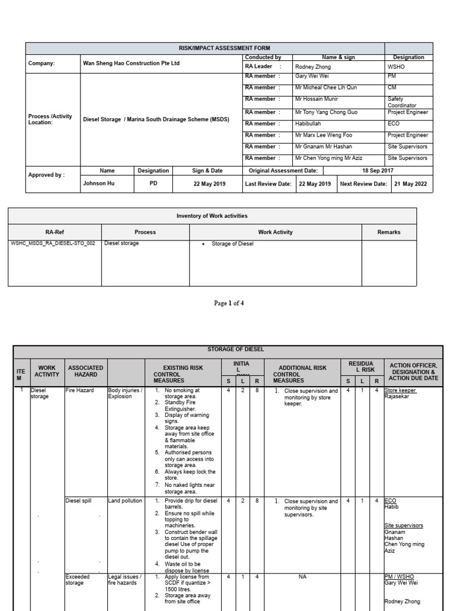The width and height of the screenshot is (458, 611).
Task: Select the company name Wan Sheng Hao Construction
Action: click(131, 63)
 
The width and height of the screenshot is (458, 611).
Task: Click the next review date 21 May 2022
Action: click(411, 184)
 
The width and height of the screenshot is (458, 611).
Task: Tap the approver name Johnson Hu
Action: click(98, 184)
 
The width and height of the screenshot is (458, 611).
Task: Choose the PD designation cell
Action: click(153, 184)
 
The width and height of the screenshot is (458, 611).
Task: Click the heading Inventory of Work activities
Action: click(212, 215)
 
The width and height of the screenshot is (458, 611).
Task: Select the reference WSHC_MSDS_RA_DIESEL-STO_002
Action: click(53, 243)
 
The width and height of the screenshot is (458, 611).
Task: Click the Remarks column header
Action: click(389, 232)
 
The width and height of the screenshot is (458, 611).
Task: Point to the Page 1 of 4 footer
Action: click(229, 303)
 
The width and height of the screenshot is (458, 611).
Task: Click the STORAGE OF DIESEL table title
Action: click(228, 349)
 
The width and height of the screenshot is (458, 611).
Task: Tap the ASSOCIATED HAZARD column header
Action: click(85, 371)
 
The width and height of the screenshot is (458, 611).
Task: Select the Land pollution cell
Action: click(125, 501)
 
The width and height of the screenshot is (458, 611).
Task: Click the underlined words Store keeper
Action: click(401, 390)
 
